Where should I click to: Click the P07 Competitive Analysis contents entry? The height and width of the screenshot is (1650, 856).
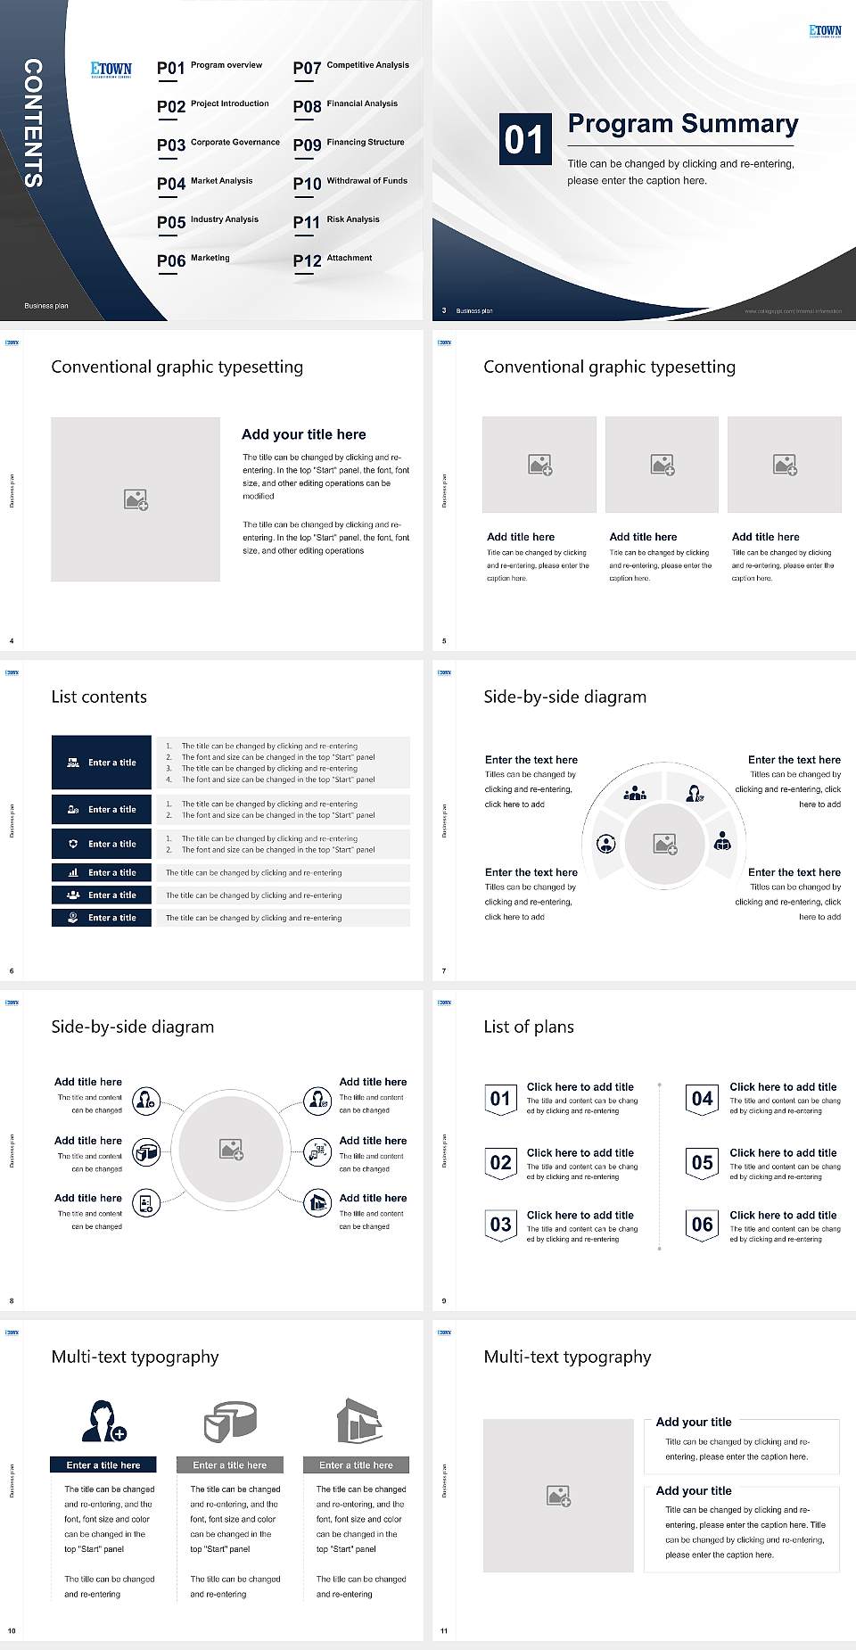[350, 67]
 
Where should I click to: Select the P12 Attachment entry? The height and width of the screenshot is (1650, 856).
[333, 260]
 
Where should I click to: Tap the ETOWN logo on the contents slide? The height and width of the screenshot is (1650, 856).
[111, 69]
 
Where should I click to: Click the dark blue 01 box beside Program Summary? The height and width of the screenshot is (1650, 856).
[523, 140]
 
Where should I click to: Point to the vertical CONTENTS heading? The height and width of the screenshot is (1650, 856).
[33, 123]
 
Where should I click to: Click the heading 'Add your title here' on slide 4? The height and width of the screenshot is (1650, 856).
[303, 434]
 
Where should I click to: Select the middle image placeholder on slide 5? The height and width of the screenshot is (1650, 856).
[662, 465]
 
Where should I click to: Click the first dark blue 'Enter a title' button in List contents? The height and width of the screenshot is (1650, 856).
[102, 763]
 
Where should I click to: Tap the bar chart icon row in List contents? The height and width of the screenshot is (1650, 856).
[102, 872]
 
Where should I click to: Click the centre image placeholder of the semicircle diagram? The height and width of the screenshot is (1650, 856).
[664, 844]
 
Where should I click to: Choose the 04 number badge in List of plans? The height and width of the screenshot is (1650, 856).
[702, 1099]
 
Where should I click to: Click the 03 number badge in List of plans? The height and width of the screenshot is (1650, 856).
[500, 1225]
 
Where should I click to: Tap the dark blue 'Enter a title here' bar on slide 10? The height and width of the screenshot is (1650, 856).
[103, 1464]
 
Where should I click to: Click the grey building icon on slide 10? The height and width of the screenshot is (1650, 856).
[358, 1421]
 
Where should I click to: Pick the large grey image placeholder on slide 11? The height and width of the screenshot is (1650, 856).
[558, 1496]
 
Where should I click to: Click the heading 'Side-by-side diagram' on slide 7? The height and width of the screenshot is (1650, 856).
[564, 697]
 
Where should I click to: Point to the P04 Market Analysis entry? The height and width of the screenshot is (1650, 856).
[205, 183]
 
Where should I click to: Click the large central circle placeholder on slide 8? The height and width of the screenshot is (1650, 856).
[232, 1149]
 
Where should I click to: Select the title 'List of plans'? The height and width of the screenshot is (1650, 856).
[528, 1027]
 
